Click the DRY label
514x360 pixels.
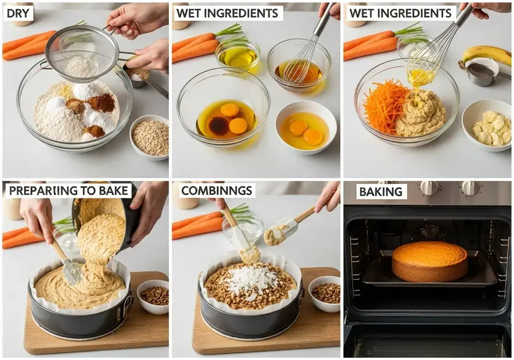pyautogui.click(x=18, y=14)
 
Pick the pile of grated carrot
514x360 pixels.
pyautogui.click(x=385, y=106)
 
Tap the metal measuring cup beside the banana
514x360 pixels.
pyautogui.click(x=482, y=73)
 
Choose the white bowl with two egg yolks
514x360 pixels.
pyautogui.click(x=306, y=127)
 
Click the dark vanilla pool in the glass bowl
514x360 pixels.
pyautogui.click(x=219, y=126)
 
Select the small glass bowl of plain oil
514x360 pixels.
pyautogui.click(x=238, y=56)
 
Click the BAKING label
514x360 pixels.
pyautogui.click(x=381, y=192)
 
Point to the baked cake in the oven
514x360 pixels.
pyautogui.click(x=429, y=261)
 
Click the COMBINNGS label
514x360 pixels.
pyautogui.click(x=216, y=190)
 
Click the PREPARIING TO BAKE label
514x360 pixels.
pyautogui.click(x=69, y=190)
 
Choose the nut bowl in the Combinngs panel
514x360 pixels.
pyautogui.click(x=324, y=294)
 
